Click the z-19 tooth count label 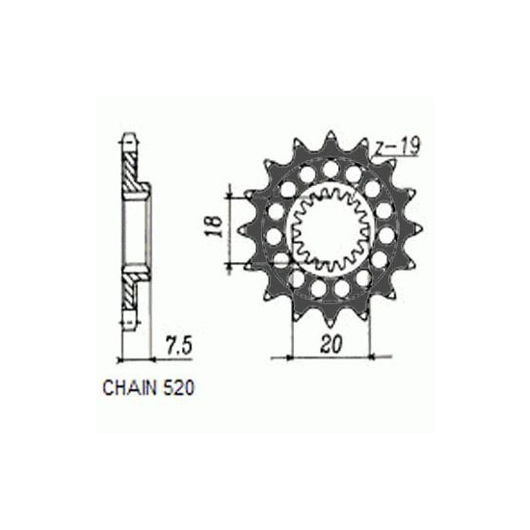[398, 146]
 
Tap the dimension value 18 [215, 226]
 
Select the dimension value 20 [331, 344]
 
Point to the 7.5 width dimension [179, 346]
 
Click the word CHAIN [130, 388]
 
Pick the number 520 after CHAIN [179, 388]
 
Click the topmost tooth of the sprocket [331, 140]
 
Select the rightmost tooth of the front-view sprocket [415, 229]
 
